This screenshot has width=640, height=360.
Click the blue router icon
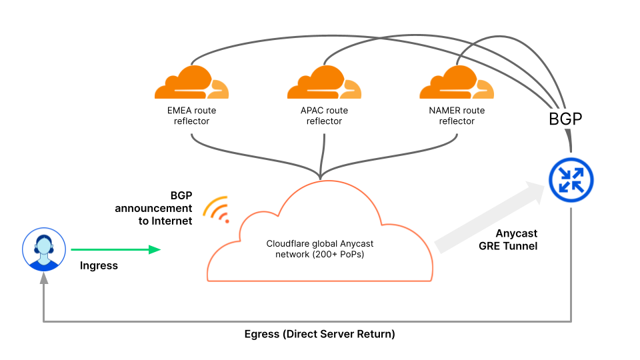571,180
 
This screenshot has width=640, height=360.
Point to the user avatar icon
43,249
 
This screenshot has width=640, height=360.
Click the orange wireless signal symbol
217,209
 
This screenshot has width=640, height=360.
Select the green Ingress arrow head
155,249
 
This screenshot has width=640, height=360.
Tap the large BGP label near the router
565,119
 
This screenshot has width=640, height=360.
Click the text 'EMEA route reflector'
191,115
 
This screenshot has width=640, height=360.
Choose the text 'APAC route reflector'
324,115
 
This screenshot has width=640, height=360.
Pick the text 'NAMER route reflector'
457,115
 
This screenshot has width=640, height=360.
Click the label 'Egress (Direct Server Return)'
319,334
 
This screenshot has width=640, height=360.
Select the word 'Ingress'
99,265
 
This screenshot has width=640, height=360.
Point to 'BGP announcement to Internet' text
155,209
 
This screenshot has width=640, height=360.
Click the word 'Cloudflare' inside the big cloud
289,243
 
